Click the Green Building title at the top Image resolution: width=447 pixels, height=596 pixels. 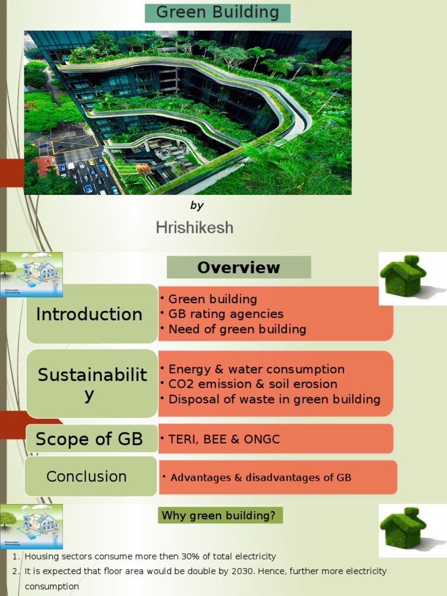218,12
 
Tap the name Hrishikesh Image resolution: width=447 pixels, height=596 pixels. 194,228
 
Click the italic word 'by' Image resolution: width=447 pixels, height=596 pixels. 197,205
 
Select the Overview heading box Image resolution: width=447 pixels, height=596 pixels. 239,268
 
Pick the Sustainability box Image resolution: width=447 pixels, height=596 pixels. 92,384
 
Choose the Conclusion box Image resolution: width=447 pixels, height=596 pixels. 87,476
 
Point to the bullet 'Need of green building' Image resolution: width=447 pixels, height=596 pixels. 237,329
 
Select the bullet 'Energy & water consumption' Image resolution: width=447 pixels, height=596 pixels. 256,369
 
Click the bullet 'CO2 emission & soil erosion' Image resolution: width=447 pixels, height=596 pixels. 253,384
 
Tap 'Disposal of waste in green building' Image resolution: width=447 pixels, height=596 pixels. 274,399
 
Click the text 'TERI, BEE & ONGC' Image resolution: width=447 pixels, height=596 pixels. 223,439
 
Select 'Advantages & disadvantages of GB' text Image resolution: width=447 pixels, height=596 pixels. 261,478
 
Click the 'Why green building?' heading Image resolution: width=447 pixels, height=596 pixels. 218,515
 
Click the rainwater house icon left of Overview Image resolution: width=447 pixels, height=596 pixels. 31,275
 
